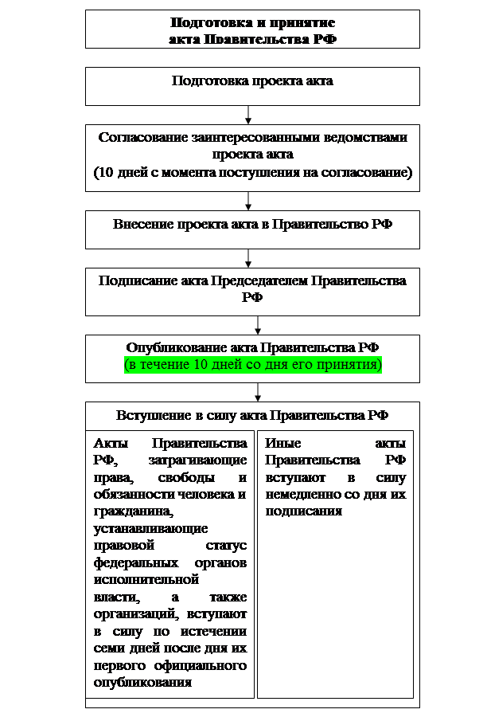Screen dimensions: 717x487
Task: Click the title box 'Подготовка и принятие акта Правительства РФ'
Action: click(252, 29)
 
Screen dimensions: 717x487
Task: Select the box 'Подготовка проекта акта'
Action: click(252, 81)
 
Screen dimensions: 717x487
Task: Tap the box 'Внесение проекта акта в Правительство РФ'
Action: click(252, 223)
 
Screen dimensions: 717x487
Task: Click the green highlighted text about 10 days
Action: click(252, 365)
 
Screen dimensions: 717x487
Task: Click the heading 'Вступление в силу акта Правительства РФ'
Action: click(252, 415)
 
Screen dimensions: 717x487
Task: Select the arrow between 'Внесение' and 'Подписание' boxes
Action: click(249, 257)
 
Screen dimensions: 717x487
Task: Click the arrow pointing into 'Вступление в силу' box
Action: click(258, 391)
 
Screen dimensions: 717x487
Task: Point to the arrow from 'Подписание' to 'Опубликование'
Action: click(258, 324)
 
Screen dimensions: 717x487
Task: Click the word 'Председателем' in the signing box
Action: click(257, 280)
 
